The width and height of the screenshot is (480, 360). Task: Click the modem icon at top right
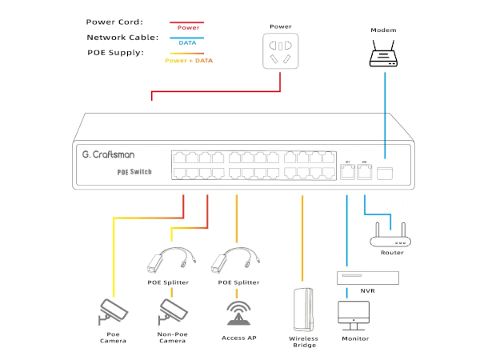pos(384,54)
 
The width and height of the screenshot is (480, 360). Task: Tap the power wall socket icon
pos(281,50)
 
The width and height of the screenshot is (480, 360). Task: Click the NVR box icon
pos(367,277)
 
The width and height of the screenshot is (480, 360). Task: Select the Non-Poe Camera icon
pos(172,311)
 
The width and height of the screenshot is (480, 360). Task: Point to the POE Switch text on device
pos(134,171)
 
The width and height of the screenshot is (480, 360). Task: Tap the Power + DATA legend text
pos(189,60)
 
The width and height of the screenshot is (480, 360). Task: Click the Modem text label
pos(384,30)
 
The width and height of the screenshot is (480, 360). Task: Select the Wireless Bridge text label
pos(304,342)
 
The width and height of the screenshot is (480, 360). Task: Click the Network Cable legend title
pos(122,38)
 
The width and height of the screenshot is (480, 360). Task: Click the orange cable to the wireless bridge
pos(302,240)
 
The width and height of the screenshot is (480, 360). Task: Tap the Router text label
pos(392,253)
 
